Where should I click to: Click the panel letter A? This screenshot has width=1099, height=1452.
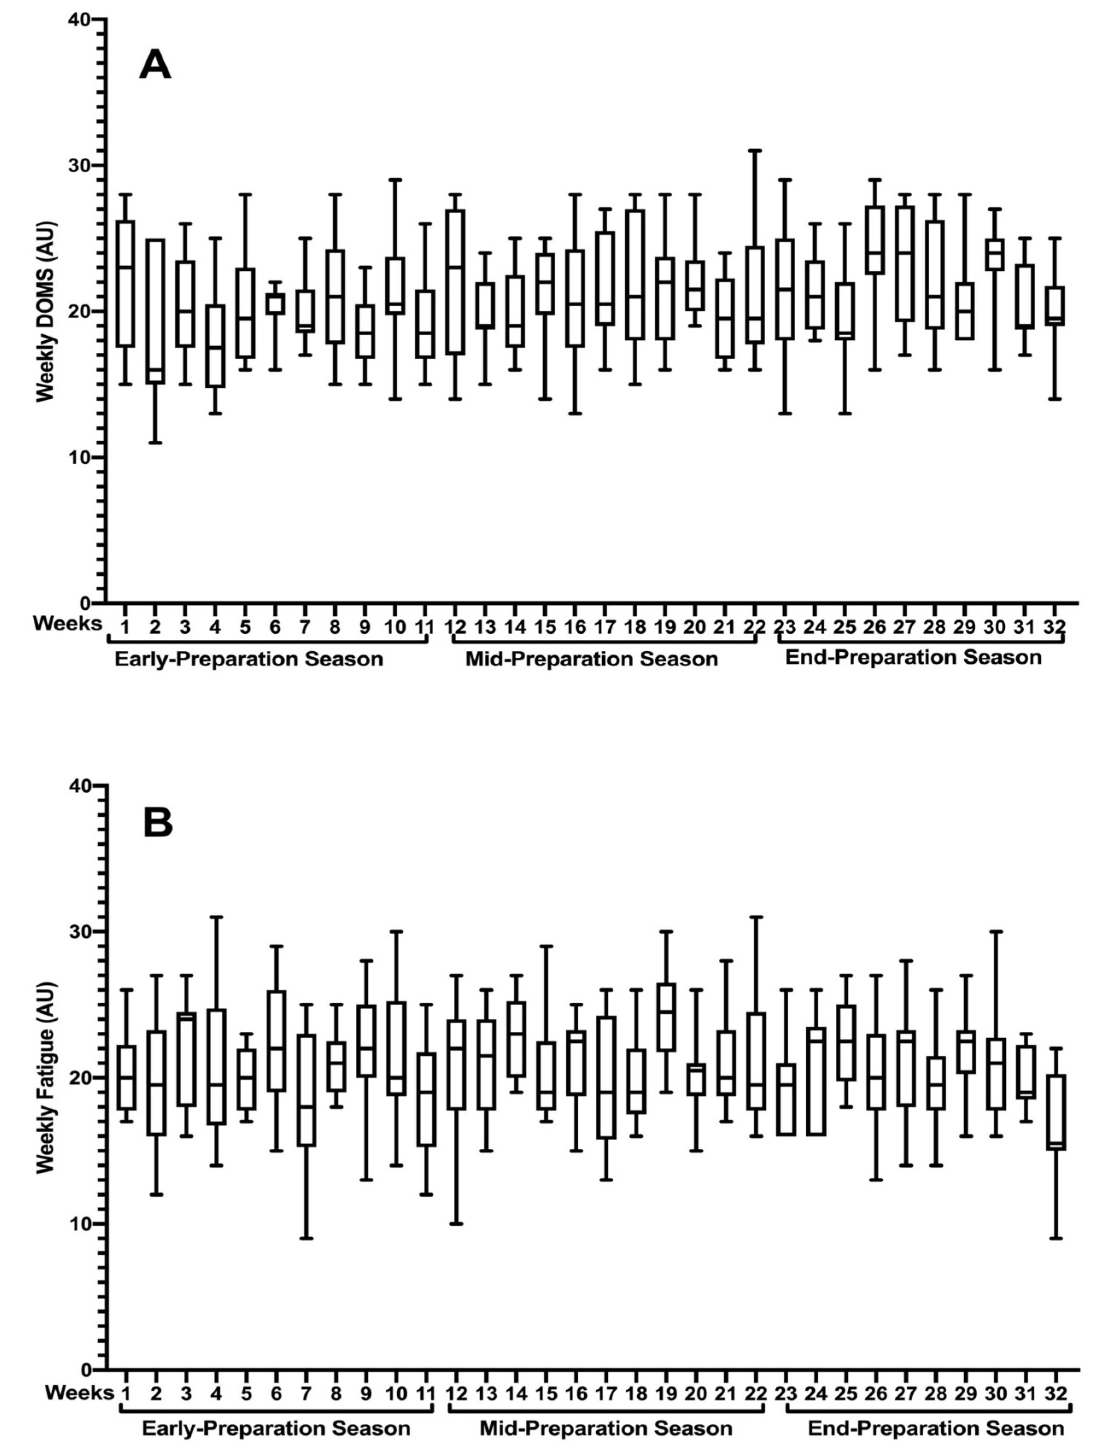pos(155,65)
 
